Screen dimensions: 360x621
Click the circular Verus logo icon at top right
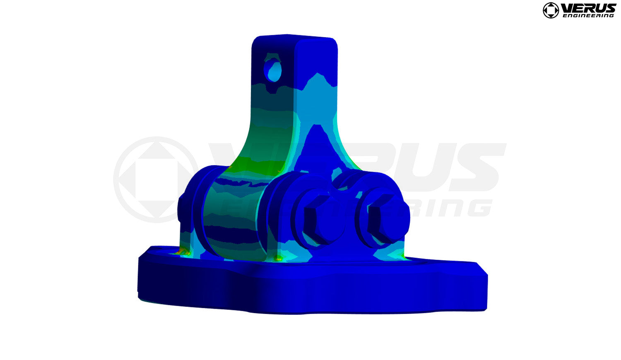[551, 10]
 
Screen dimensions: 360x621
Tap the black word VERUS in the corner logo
[588, 8]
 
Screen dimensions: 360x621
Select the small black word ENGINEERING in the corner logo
[588, 16]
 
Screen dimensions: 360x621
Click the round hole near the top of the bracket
[274, 70]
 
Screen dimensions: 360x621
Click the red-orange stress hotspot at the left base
[181, 251]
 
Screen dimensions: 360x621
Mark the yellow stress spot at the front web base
[279, 259]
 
